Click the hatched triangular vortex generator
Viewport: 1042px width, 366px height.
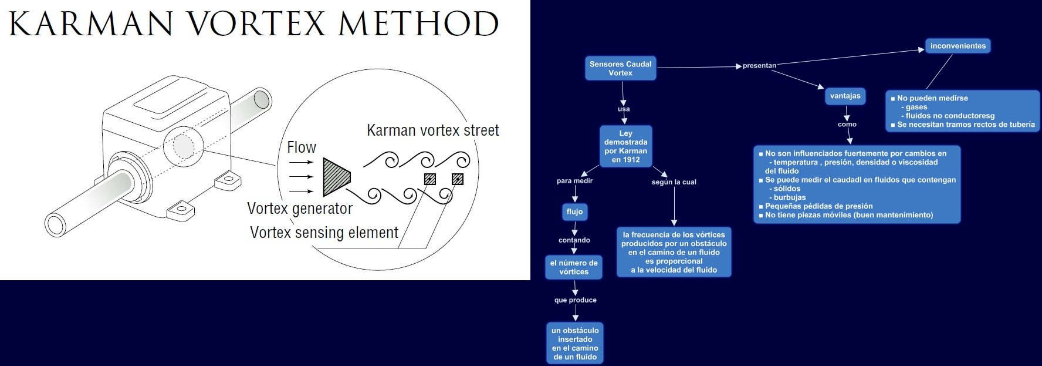(x=336, y=176)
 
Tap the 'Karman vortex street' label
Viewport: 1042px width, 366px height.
(x=432, y=130)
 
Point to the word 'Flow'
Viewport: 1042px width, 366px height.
(x=302, y=147)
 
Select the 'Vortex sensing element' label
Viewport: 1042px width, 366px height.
(x=324, y=233)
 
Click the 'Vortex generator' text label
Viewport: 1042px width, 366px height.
(x=299, y=209)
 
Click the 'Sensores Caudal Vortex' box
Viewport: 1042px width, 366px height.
(x=620, y=68)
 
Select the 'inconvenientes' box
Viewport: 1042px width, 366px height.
(x=958, y=46)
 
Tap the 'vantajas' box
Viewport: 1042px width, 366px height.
(x=845, y=96)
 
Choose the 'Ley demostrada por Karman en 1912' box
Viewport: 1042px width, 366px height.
(x=625, y=146)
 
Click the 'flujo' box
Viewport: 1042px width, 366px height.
(x=574, y=211)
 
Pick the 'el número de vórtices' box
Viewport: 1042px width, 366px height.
(x=574, y=267)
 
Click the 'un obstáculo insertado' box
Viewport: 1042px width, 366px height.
(x=575, y=344)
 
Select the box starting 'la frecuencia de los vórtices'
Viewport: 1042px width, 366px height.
(x=674, y=252)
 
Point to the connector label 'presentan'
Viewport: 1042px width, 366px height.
(x=759, y=66)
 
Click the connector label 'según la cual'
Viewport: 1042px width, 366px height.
(x=674, y=182)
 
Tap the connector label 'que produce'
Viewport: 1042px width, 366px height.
(x=575, y=300)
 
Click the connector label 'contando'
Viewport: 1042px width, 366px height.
(x=574, y=240)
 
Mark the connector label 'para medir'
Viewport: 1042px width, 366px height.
(x=574, y=181)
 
